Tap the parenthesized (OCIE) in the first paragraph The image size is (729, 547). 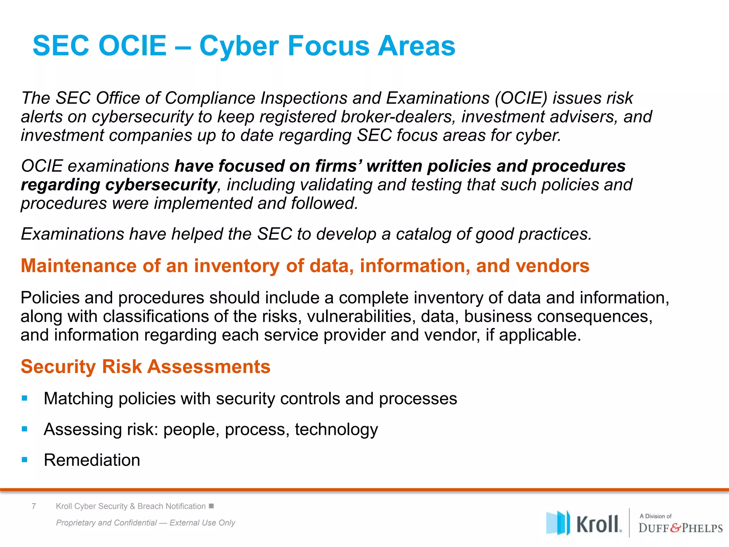coord(521,98)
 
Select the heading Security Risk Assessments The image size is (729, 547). coord(146,366)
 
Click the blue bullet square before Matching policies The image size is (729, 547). coord(25,398)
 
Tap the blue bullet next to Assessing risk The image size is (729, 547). coord(25,429)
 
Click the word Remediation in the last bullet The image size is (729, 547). coord(92,460)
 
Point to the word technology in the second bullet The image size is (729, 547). coord(336,429)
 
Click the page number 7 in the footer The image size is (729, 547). coord(34,506)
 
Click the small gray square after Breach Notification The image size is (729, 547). coord(211,506)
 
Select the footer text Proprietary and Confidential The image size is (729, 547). coord(106,523)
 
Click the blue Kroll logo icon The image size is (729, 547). coord(558,523)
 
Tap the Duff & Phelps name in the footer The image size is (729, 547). coord(680,528)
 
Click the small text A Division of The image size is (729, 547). coord(655,516)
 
